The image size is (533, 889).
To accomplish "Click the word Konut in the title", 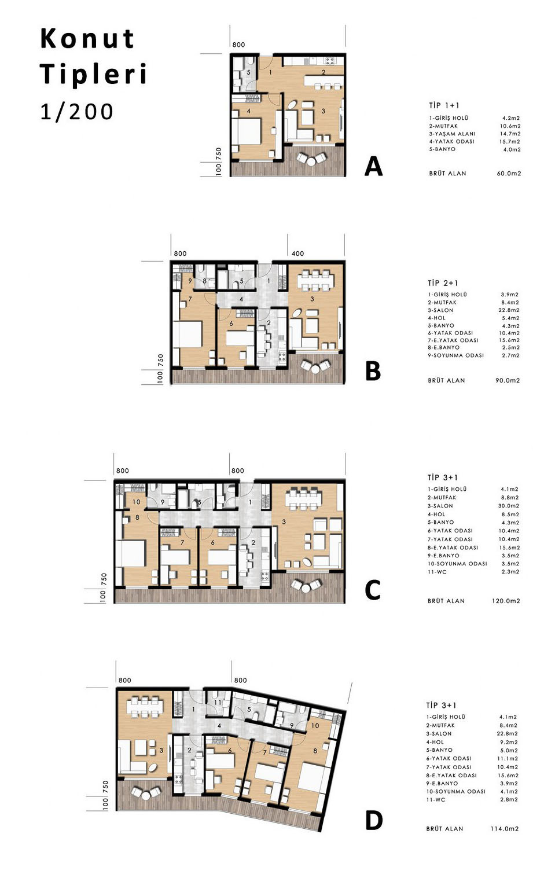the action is click(x=87, y=39).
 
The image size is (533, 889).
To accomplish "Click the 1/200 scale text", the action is click(x=77, y=112).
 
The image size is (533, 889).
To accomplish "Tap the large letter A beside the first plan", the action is click(x=373, y=166).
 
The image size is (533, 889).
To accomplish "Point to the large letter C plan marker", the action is click(x=373, y=590).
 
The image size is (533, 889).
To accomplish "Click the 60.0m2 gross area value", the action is click(x=509, y=174).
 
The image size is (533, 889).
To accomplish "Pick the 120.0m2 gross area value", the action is click(x=506, y=601).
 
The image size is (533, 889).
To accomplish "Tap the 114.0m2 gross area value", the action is click(x=505, y=829).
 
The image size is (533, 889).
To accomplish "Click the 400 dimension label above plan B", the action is click(x=297, y=254).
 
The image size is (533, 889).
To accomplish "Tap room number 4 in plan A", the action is click(x=249, y=112).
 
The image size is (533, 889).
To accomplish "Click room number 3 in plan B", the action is click(x=313, y=299).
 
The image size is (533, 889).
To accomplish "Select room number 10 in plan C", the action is click(x=136, y=502).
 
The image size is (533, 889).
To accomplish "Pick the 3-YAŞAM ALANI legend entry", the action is click(x=452, y=134).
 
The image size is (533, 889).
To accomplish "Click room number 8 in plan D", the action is click(x=315, y=751).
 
